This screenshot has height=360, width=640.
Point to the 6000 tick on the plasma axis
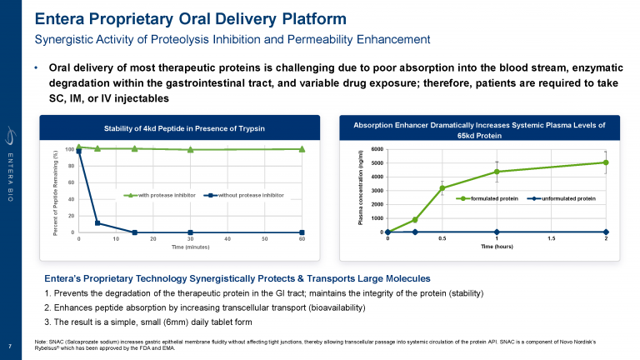coord(377,150)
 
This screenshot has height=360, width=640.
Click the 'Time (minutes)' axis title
coord(189,247)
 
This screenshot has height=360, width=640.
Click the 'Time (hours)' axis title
coord(497,247)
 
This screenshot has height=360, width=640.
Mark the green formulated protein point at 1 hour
coord(497,172)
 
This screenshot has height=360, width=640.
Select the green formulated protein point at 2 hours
coord(606,162)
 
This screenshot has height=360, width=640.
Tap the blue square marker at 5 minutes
coord(97,223)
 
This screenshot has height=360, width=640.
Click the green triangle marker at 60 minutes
coord(302,149)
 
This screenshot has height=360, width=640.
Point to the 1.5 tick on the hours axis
coord(552,239)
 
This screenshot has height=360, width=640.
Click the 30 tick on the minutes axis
coord(190,239)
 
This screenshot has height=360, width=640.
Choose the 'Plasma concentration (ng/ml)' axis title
coord(361,190)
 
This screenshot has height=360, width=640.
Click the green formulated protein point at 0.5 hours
coord(442,188)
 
